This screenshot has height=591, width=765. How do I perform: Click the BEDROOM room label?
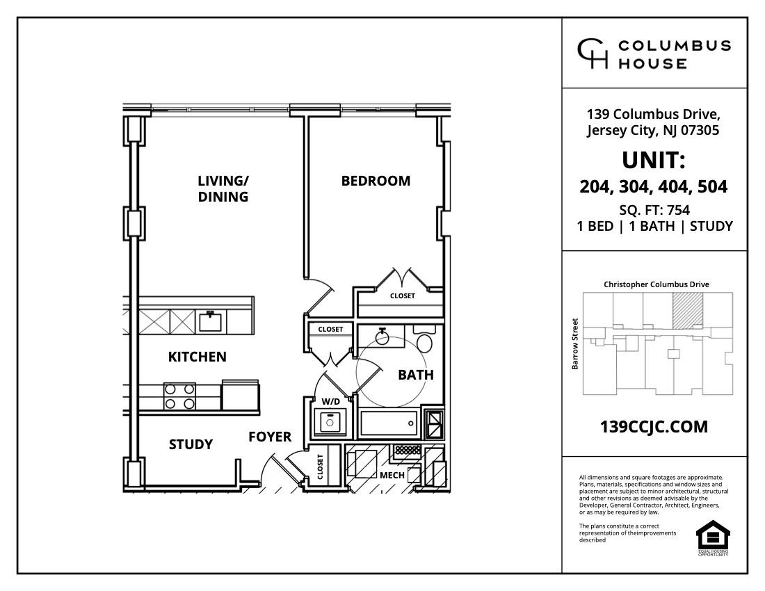pyautogui.click(x=376, y=181)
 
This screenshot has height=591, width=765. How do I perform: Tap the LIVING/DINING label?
pyautogui.click(x=223, y=188)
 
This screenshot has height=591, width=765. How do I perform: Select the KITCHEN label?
pyautogui.click(x=198, y=357)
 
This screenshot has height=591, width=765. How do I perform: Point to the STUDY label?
pyautogui.click(x=191, y=444)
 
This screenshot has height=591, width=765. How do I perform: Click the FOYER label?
pyautogui.click(x=270, y=437)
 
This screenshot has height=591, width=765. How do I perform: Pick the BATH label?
pyautogui.click(x=415, y=375)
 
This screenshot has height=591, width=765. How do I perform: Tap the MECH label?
pyautogui.click(x=392, y=476)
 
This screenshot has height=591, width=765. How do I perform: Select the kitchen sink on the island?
pyautogui.click(x=211, y=321)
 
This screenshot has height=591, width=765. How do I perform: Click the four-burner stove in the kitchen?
pyautogui.click(x=179, y=396)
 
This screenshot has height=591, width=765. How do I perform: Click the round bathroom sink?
pyautogui.click(x=381, y=337)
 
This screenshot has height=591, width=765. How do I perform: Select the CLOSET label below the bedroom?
pyautogui.click(x=402, y=296)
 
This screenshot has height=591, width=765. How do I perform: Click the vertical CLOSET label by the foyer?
pyautogui.click(x=321, y=467)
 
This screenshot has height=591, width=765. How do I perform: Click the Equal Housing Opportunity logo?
pyautogui.click(x=713, y=537)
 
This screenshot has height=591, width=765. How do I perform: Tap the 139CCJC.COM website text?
pyautogui.click(x=654, y=427)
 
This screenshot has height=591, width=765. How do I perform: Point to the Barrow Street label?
pyautogui.click(x=575, y=343)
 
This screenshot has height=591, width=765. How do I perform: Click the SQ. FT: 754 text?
pyautogui.click(x=654, y=209)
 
